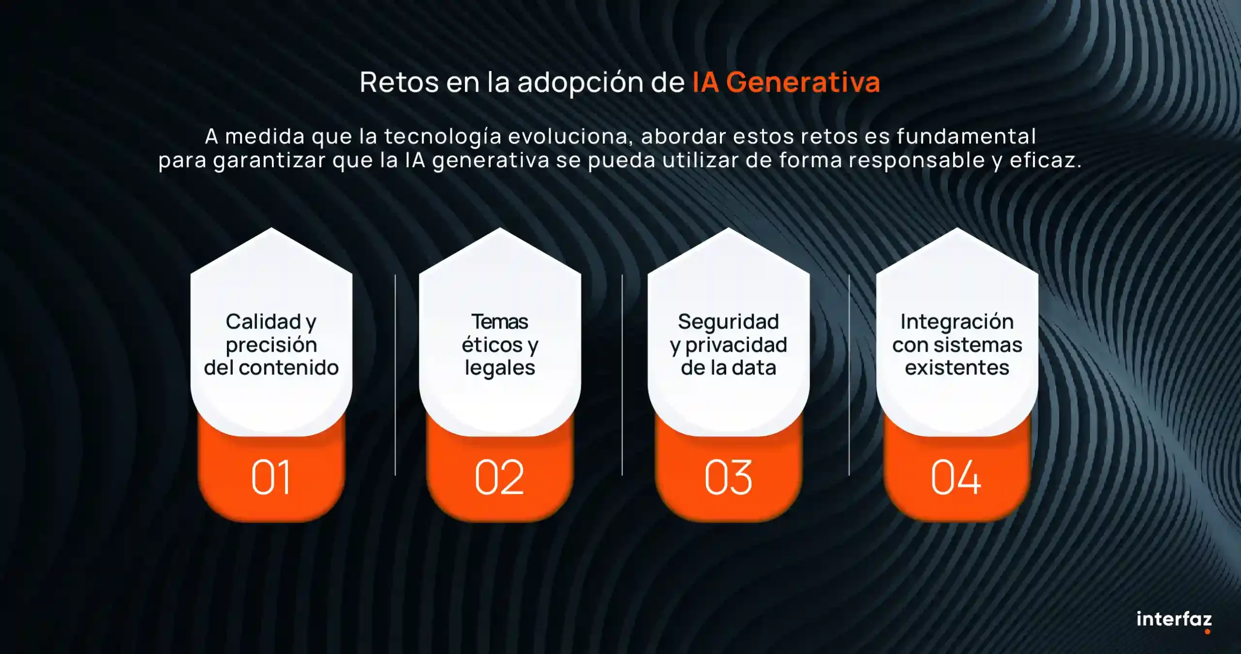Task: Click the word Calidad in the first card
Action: (x=263, y=322)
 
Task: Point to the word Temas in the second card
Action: (x=500, y=322)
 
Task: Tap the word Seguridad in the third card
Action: (x=728, y=322)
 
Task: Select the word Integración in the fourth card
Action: (x=957, y=322)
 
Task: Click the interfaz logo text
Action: (x=1174, y=619)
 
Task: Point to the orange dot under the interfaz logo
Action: (x=1207, y=631)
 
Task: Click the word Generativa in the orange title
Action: (x=803, y=82)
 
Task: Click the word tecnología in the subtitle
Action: (x=443, y=137)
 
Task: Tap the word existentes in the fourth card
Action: (x=957, y=368)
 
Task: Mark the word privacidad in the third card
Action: (x=736, y=345)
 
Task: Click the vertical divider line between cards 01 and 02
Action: (x=395, y=375)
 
